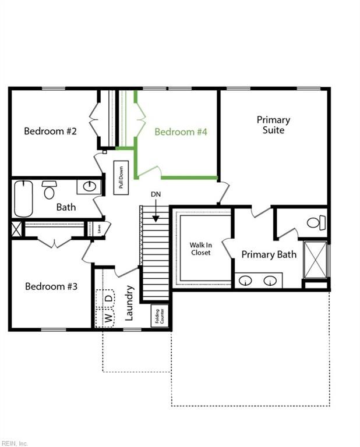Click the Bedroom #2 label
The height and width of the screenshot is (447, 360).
[50, 131]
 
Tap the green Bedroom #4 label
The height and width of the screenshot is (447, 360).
[181, 132]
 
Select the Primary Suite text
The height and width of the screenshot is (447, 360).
[273, 125]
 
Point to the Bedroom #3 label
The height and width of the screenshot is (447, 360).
[51, 286]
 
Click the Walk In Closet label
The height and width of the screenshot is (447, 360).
[201, 249]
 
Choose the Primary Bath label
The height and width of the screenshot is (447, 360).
[269, 254]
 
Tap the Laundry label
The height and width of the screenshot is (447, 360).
[129, 303]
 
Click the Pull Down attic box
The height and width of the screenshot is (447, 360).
[121, 178]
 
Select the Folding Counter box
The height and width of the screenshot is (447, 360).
[160, 315]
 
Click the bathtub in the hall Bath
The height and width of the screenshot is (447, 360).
[23, 198]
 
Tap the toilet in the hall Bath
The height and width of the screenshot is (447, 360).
[50, 190]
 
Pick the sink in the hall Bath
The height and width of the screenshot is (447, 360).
[89, 187]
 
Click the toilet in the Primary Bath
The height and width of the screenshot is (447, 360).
[316, 222]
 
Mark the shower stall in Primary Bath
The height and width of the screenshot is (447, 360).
[316, 260]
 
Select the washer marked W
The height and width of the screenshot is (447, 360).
[105, 318]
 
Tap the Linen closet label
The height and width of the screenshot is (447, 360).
[99, 229]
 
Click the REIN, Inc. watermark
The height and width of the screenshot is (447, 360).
[14, 444]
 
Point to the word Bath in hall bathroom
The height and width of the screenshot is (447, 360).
[66, 207]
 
